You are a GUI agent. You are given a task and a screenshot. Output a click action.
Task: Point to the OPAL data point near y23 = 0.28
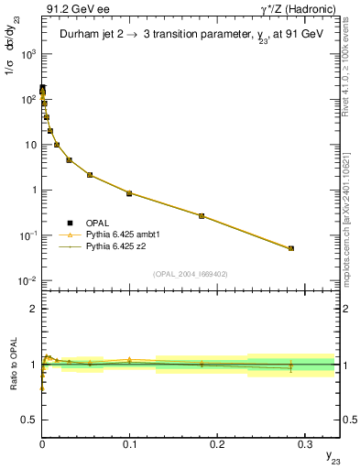(x=291, y=248)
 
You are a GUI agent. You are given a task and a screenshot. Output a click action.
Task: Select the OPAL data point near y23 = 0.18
(x=202, y=216)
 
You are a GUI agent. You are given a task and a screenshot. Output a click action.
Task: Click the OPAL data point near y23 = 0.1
(x=129, y=193)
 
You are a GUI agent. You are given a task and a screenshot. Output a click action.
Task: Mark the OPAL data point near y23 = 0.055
(x=90, y=174)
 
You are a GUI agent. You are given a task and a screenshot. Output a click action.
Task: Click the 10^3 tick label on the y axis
(x=27, y=54)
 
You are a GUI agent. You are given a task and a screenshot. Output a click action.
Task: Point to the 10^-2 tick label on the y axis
(x=27, y=281)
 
